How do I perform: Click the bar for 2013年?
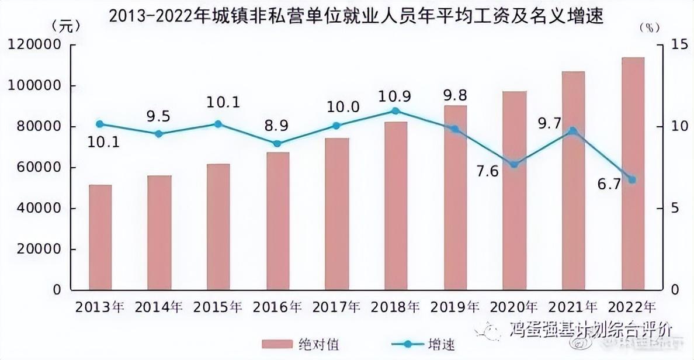pos(100,237)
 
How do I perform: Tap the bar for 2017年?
pos(336,214)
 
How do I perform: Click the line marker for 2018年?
pos(395,110)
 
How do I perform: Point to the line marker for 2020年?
pos(514,164)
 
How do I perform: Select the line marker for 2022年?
pos(631,179)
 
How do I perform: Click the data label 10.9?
pos(395,95)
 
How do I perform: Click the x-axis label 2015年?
pos(218,307)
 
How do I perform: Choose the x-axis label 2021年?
pos(573,307)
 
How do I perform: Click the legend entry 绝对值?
pos(315,344)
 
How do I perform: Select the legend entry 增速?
pos(442,344)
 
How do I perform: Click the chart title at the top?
pos(356,16)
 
